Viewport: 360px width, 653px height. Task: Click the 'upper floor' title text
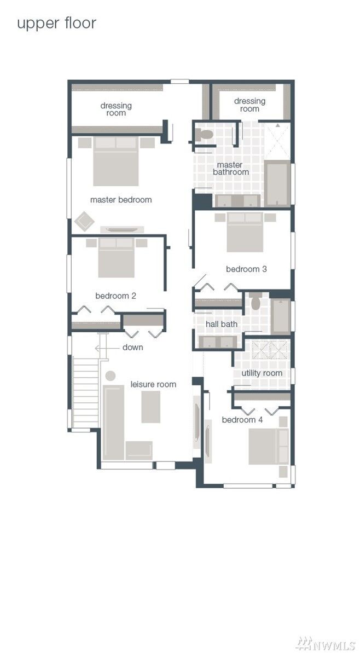coord(56,24)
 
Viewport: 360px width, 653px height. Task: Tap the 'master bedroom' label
coord(121,199)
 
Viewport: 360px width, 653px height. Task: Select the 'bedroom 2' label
coord(115,296)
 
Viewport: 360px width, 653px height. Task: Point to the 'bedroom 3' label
coord(246,269)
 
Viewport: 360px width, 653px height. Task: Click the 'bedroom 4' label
coord(242,420)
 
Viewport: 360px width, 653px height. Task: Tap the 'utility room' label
coord(262,373)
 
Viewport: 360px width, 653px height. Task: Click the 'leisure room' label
coord(153,384)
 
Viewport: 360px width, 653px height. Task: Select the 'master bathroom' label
coord(230,168)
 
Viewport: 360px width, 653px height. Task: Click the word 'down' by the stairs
coord(133,348)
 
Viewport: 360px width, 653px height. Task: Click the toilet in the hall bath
coord(256,301)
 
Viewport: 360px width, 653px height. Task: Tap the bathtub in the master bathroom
coord(277,183)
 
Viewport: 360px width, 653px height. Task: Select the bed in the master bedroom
coord(115,161)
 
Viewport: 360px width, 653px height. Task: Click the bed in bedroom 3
coord(245,233)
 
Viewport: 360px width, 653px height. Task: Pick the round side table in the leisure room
coord(111,375)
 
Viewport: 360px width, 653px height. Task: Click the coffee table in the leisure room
coord(150,407)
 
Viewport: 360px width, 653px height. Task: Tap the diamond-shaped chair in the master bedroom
coord(84,222)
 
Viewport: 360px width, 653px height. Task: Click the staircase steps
coord(86,392)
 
